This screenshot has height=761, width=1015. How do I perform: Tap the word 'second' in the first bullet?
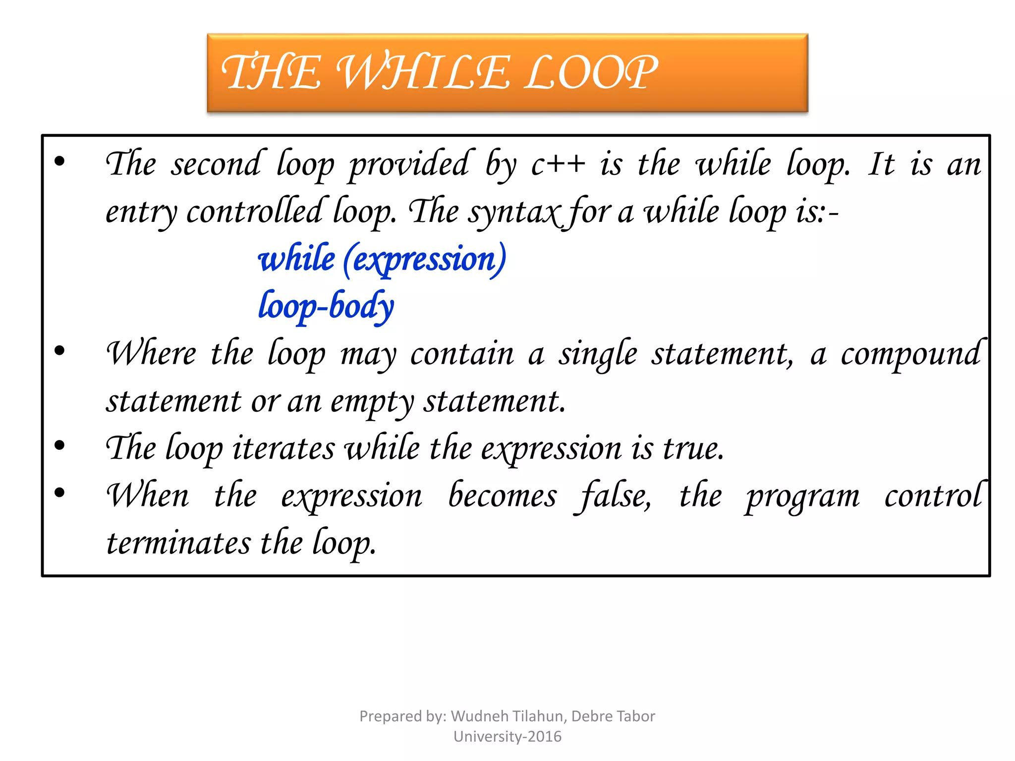[x=216, y=165]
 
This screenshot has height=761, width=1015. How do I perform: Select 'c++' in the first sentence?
[x=558, y=165]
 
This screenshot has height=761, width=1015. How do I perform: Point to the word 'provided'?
[x=408, y=165]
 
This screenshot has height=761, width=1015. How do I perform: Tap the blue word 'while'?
[x=296, y=259]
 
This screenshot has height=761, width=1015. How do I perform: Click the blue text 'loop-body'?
[x=326, y=306]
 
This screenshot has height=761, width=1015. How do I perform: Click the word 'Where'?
[x=151, y=354]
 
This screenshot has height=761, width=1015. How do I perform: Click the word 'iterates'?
[x=283, y=449]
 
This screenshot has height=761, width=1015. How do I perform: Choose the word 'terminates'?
[x=179, y=543]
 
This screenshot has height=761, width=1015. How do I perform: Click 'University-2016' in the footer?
[x=507, y=737]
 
